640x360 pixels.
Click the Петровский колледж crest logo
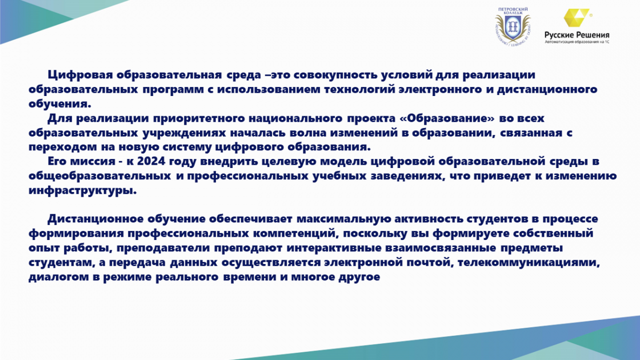(513, 27)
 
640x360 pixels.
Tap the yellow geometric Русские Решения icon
(577, 18)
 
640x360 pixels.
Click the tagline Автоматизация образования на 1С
(577, 42)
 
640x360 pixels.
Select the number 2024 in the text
(151, 161)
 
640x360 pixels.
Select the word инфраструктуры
(83, 190)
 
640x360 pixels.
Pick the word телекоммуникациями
(529, 262)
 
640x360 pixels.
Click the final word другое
(359, 277)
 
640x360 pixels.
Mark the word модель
(343, 162)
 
